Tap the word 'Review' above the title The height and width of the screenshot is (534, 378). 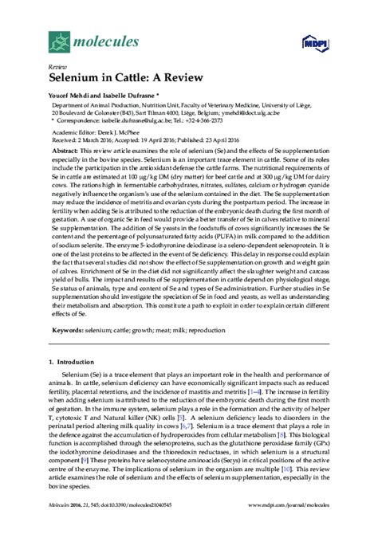click(57, 68)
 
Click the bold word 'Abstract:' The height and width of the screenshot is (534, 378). click(65, 151)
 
